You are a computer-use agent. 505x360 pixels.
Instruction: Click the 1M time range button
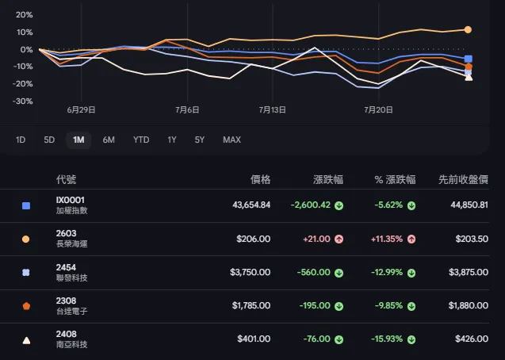tap(78, 140)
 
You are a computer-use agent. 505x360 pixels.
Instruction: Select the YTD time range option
tap(141, 140)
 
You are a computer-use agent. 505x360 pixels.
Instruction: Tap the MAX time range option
tap(231, 140)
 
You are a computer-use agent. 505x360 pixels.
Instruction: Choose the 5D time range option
tap(49, 140)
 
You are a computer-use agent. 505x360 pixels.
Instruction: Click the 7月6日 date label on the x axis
tap(187, 110)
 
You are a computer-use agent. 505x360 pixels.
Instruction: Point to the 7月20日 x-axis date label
tap(378, 110)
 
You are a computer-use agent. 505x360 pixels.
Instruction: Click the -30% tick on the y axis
tap(22, 101)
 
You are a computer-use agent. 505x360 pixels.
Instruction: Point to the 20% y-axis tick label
tap(25, 15)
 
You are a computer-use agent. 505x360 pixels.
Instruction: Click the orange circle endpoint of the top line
tap(468, 29)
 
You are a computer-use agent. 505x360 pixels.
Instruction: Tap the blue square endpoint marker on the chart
tap(469, 59)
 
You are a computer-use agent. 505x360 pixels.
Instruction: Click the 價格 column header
tap(261, 179)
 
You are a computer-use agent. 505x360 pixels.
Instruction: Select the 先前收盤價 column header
tap(463, 179)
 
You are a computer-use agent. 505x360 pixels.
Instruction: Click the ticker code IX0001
tap(71, 200)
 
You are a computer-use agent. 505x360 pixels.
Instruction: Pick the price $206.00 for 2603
tap(254, 239)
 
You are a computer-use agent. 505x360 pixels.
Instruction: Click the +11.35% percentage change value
tap(387, 239)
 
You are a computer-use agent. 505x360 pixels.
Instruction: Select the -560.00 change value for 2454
tap(314, 273)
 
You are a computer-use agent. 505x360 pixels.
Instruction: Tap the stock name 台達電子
tap(72, 312)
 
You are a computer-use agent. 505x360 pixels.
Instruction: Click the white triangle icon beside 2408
tap(26, 340)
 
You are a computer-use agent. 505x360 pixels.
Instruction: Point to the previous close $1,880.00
tap(469, 305)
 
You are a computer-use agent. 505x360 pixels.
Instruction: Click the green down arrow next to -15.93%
tap(411, 339)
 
